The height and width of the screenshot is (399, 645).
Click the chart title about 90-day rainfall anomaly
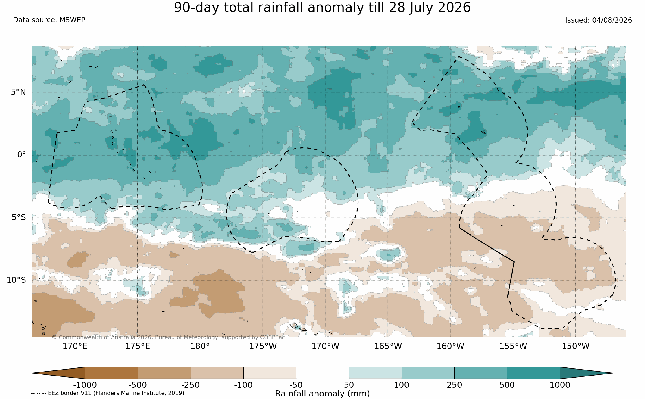[322, 8]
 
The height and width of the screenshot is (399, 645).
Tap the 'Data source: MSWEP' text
[49, 20]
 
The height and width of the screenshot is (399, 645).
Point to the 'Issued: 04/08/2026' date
[598, 20]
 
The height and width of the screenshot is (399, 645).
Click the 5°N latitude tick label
[18, 92]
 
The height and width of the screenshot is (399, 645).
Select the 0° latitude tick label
[21, 155]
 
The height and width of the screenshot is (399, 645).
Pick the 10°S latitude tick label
[16, 280]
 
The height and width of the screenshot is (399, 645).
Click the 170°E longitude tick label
[75, 346]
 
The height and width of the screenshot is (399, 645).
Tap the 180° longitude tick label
[200, 346]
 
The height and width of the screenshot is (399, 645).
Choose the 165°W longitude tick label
[388, 346]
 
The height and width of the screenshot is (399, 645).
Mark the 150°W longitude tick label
[575, 346]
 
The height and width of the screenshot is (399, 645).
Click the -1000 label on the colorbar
[85, 385]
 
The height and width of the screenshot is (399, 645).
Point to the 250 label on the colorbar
[454, 385]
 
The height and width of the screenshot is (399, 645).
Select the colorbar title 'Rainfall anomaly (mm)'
[322, 394]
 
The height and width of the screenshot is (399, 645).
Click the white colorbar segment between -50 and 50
[322, 373]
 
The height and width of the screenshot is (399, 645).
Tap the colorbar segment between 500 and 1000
[533, 373]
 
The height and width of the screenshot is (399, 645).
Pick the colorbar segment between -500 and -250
[164, 373]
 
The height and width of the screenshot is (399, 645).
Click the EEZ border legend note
[108, 393]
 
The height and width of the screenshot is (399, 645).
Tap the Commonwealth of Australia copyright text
[168, 337]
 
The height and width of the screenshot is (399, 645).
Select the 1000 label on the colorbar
[560, 385]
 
